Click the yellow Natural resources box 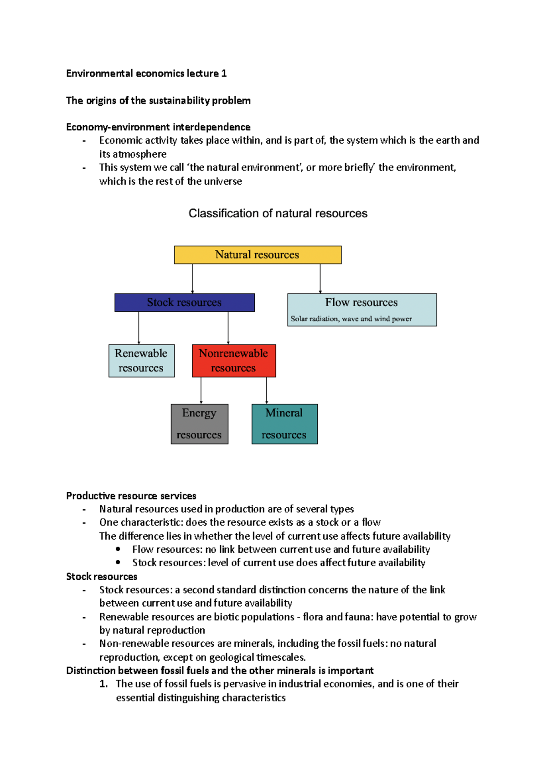(x=258, y=255)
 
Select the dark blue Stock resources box (x=185, y=303)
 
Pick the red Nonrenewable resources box (x=234, y=361)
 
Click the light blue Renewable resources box (x=141, y=361)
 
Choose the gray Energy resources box (x=199, y=424)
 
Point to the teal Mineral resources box (x=284, y=424)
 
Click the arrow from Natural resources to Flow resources (x=320, y=279)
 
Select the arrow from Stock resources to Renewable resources (x=139, y=328)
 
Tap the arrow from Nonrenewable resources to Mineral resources (x=267, y=390)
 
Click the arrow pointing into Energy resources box (x=201, y=390)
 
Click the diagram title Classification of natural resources (x=278, y=213)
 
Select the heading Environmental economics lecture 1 (x=146, y=73)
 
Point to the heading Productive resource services (x=131, y=496)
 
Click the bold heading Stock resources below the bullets (x=102, y=577)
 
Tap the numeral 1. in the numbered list (x=103, y=684)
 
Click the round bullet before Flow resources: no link (x=118, y=549)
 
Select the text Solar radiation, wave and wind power (x=351, y=319)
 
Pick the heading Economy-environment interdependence (x=158, y=127)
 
